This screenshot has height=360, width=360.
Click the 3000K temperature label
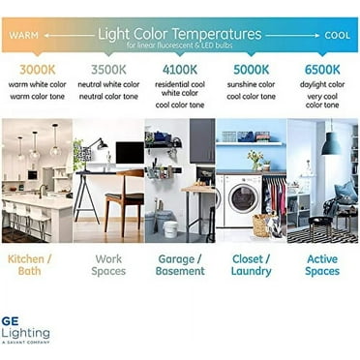point(35,70)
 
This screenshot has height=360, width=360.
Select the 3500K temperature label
point(107,70)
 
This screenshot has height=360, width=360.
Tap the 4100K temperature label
point(179,70)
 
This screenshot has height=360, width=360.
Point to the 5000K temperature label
point(251,70)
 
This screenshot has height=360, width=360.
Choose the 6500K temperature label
point(321,70)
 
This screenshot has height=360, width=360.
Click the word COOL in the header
point(338,34)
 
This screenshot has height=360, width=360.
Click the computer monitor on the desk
point(129,153)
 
